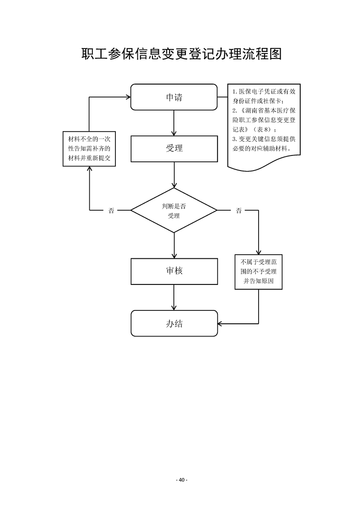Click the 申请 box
click(174, 97)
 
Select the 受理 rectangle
click(174, 149)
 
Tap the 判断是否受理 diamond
click(174, 211)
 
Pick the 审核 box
click(174, 271)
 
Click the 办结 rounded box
click(174, 323)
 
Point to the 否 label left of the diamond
click(111, 211)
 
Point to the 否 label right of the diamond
click(238, 211)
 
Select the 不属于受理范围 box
click(259, 272)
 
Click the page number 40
click(181, 480)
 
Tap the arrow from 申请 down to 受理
click(174, 123)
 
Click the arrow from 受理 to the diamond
click(174, 175)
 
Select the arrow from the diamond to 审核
click(174, 246)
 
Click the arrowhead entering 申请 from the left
click(128, 97)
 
